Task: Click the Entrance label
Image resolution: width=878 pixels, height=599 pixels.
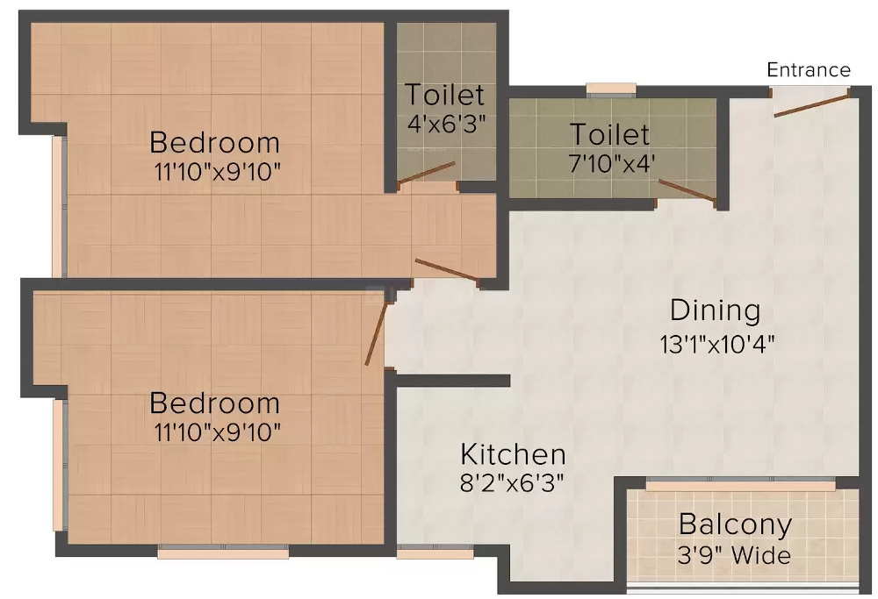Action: click(809, 70)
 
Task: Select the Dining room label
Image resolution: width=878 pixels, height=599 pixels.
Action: click(715, 310)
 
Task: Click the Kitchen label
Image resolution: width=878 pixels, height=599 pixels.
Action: click(514, 454)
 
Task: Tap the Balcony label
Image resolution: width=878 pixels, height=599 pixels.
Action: click(735, 524)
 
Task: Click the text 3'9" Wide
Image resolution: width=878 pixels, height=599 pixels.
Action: click(735, 555)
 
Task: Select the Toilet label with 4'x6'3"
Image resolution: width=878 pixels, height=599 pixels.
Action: click(444, 94)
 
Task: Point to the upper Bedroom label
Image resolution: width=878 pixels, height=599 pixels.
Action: click(215, 141)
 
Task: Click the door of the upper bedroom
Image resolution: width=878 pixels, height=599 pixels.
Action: click(447, 271)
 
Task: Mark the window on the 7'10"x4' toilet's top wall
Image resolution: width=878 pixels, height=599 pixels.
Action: click(611, 88)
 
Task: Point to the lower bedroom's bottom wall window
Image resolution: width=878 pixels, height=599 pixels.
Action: click(223, 553)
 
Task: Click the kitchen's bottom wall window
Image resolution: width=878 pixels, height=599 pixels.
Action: click(422, 553)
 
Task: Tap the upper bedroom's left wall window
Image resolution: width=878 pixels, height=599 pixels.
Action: click(58, 207)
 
